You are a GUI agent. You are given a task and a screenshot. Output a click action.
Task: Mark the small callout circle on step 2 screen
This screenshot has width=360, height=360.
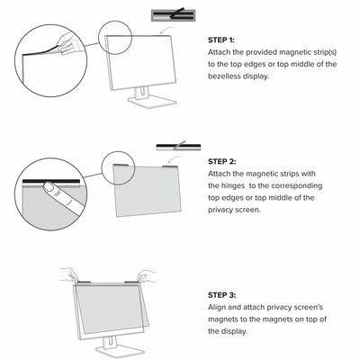(117, 165)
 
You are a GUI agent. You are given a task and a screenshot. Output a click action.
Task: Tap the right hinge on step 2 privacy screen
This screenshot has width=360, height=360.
(174, 166)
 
